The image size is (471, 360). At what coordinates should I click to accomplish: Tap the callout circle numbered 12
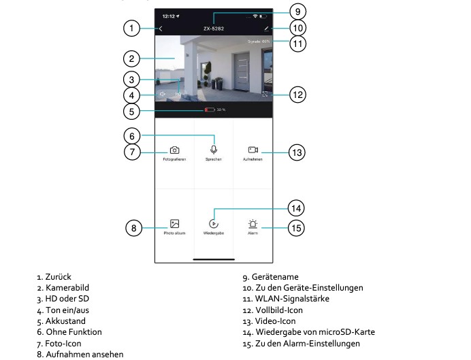pos(297,95)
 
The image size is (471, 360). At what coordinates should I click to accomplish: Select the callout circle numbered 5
pos(133,111)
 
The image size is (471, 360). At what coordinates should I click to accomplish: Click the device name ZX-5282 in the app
pos(214,29)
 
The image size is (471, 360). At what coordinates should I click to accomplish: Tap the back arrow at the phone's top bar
pos(161,29)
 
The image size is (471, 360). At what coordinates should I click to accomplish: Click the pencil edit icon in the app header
pos(266,29)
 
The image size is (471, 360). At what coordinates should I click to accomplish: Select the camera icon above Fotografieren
pos(174,150)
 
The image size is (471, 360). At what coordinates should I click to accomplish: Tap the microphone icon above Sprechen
pos(214,149)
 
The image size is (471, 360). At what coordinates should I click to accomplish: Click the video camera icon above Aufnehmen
pos(253,150)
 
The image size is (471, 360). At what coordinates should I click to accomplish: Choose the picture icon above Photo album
pos(174,223)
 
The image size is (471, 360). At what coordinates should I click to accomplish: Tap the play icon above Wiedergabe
pos(214,223)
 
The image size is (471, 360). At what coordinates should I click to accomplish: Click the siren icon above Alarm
pos(253,223)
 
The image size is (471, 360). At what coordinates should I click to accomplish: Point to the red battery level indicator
pos(210,110)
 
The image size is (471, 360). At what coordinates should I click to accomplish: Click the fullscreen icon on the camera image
pos(265,95)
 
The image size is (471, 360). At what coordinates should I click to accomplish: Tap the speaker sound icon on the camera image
pos(163,95)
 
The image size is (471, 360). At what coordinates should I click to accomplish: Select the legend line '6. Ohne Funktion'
pos(69,331)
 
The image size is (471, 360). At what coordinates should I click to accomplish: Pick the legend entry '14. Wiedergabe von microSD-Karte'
pos(308,331)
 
